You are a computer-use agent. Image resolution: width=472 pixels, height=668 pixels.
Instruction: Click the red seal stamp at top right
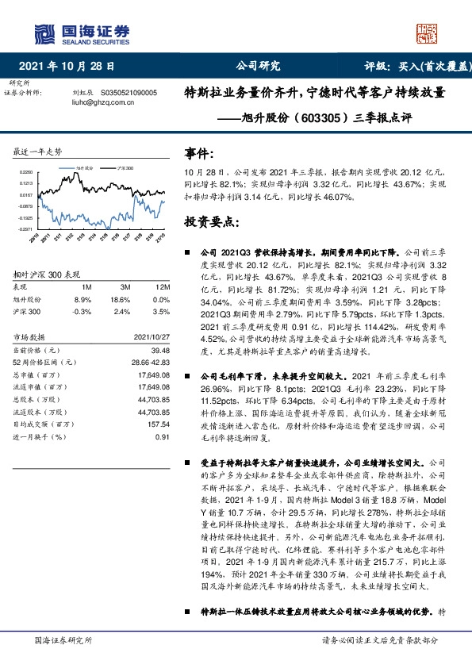coord(427,32)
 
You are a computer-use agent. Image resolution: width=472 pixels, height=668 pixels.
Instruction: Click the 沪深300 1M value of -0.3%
coord(83,313)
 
